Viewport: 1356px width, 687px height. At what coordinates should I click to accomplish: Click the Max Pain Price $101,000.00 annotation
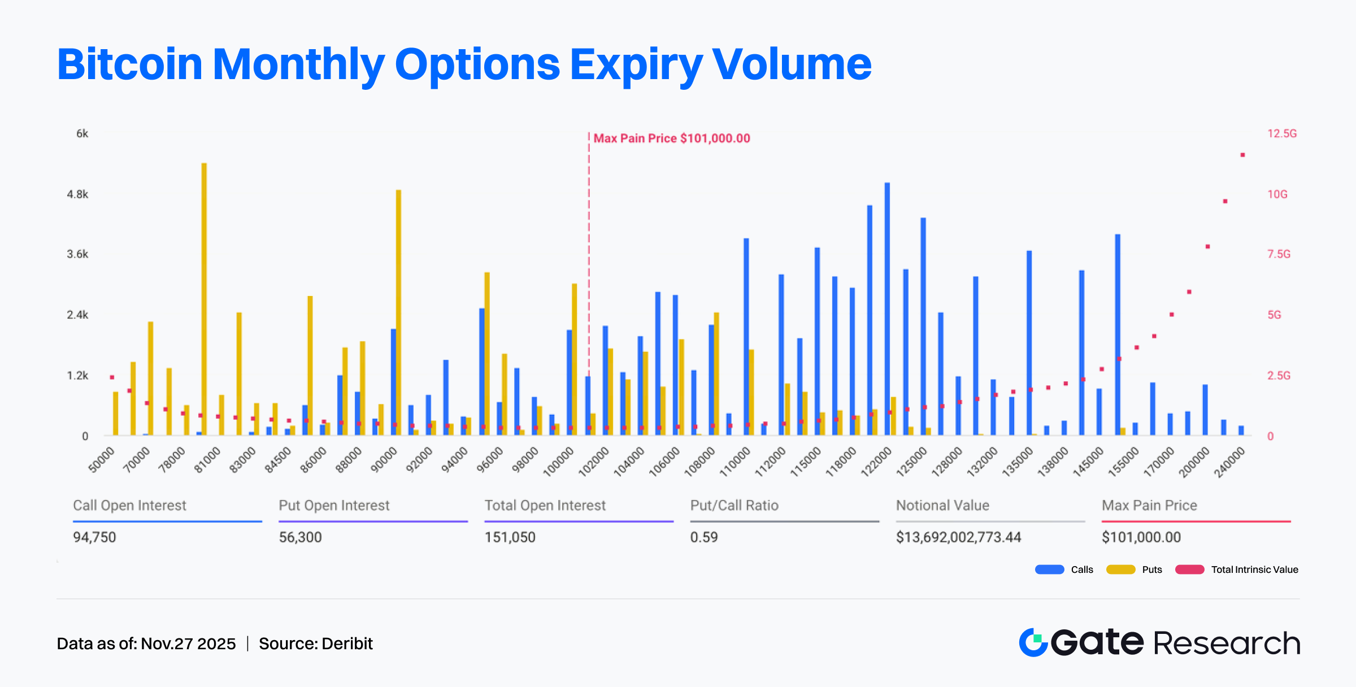coord(671,138)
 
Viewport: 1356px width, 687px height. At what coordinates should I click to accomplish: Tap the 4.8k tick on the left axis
coord(78,194)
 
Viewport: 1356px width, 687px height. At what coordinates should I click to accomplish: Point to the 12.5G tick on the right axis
coord(1281,133)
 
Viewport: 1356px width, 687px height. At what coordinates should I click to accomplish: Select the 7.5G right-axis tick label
coord(1279,254)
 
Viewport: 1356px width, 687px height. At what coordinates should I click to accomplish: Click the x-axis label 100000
coord(559,462)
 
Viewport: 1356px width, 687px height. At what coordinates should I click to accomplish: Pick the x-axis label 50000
coord(102,460)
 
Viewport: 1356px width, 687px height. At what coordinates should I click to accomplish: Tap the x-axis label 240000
coord(1229,462)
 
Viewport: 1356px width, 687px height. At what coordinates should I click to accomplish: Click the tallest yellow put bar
coord(204,299)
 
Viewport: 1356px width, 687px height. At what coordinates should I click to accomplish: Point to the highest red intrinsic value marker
coord(1242,155)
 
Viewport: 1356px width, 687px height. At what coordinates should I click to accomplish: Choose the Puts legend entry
coord(1134,569)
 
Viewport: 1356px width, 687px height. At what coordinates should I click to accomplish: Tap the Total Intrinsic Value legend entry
coord(1237,569)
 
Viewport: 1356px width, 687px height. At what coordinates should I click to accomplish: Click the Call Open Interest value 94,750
coord(94,537)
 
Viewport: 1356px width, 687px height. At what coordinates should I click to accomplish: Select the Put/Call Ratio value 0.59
coord(704,537)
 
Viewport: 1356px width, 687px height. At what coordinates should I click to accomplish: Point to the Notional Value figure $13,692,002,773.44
coord(958,537)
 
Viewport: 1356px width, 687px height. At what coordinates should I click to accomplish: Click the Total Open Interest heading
coord(545,506)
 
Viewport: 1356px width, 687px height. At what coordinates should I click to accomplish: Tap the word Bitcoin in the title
coord(129,64)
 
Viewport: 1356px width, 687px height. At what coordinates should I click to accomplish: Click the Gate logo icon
coord(1033,642)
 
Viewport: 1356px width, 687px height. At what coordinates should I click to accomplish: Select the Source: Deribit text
coord(316,643)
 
